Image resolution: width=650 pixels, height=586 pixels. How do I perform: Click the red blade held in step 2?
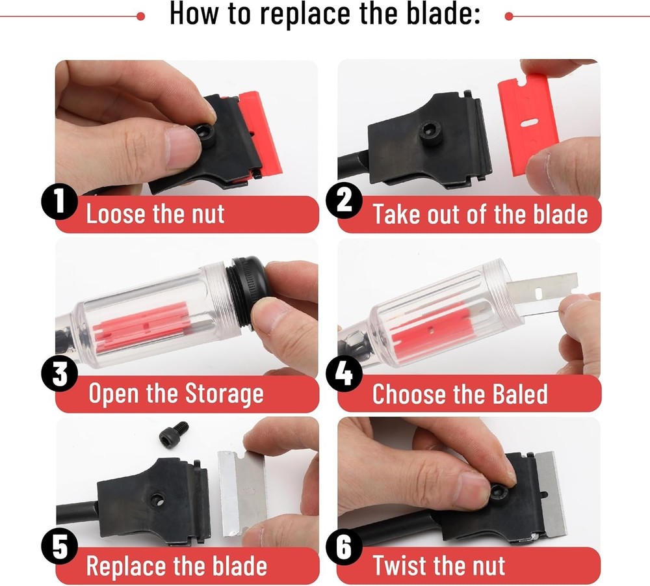coord(527,124)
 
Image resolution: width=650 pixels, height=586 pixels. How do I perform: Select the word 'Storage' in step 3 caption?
coord(224,394)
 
